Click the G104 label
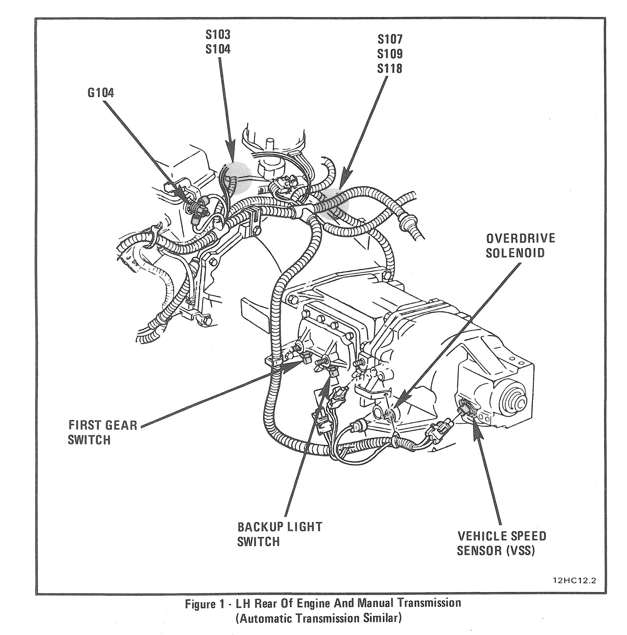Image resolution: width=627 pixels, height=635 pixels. pyautogui.click(x=101, y=93)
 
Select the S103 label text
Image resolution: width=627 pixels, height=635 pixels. pyautogui.click(x=218, y=35)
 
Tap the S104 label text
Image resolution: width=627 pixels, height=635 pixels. pyautogui.click(x=218, y=49)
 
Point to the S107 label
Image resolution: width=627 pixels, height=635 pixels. pyautogui.click(x=390, y=39)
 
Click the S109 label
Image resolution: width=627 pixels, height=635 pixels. pyautogui.click(x=390, y=54)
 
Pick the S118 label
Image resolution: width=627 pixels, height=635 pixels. pyautogui.click(x=390, y=68)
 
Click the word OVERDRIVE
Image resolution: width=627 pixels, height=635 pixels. pyautogui.click(x=521, y=238)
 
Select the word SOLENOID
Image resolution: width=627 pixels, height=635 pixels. pyautogui.click(x=515, y=253)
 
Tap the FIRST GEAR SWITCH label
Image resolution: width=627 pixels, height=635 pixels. pyautogui.click(x=102, y=432)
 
